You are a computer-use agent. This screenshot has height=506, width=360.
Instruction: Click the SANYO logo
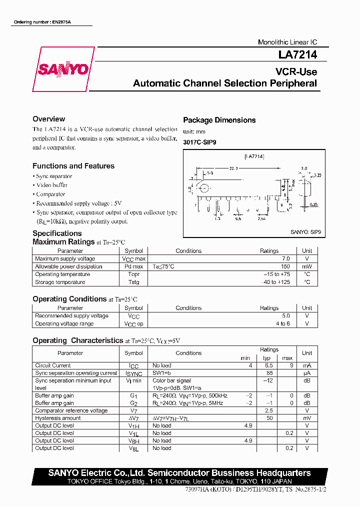click(x=63, y=69)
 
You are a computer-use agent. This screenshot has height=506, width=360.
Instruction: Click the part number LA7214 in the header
click(x=297, y=56)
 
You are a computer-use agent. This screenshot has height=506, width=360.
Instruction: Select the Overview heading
click(x=48, y=119)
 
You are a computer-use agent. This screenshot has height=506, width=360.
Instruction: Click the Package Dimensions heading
click(x=219, y=120)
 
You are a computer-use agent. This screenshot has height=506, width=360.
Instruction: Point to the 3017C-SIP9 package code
click(x=200, y=142)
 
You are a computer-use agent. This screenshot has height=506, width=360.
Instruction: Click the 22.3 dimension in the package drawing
click(x=233, y=168)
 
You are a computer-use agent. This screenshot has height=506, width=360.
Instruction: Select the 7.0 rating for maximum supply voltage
click(x=285, y=259)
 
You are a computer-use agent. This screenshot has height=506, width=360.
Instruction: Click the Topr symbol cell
click(x=133, y=274)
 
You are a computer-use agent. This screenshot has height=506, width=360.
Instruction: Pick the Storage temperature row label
click(x=60, y=282)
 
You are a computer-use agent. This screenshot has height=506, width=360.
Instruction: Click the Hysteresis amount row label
click(x=57, y=418)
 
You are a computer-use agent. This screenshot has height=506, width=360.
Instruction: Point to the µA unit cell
click(x=307, y=373)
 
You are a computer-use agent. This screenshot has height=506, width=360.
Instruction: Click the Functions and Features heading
click(x=73, y=166)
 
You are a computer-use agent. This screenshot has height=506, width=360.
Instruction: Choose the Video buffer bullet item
click(x=52, y=185)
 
